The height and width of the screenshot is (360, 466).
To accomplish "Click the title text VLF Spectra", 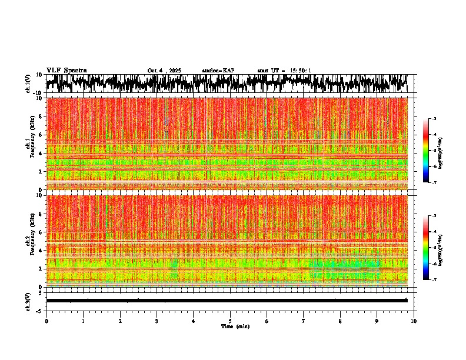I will coord(66,70).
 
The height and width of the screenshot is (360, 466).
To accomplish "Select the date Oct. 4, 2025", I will coord(164,71).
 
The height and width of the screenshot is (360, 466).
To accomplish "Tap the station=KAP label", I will coord(218,71).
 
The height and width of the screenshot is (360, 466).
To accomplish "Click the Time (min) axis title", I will coord(235,326).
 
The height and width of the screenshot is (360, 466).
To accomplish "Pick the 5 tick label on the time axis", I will coord(230,321).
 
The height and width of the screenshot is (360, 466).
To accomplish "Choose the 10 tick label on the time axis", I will coord(414,321).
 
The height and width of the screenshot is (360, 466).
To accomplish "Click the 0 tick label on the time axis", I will coord(46,321).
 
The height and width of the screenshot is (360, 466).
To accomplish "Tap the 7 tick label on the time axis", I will coord(304,321).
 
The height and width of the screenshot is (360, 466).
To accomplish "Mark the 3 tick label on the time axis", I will coord(157,321).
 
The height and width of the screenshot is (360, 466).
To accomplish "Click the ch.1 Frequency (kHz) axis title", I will coord(30,144).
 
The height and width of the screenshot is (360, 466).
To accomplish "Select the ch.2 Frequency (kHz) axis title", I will coord(30,241).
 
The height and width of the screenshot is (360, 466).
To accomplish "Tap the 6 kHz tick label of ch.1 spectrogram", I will coord(41,135).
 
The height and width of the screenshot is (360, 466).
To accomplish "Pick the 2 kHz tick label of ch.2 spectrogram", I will coord(41,268).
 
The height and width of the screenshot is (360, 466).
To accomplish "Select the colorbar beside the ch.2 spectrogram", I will coord(431,248).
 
